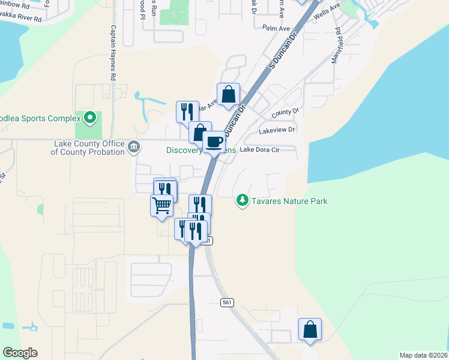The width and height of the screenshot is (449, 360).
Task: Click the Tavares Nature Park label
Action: pos(290,201)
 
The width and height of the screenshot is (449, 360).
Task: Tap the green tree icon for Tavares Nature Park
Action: pos(242,200)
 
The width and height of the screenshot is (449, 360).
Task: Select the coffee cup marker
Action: pos(214,142)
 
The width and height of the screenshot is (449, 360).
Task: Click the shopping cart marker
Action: pos(161,205)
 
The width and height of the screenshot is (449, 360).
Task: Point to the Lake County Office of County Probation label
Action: pos(88,148)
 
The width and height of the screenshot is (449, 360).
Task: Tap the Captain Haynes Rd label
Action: pos(113,53)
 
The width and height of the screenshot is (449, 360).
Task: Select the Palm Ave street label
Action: pos(276,27)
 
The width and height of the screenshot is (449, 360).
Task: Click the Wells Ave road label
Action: pos(327,11)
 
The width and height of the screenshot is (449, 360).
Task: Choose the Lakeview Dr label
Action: pos(277,130)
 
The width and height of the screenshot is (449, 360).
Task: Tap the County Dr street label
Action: pos(285,112)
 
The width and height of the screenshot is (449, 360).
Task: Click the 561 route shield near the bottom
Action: pos(226,302)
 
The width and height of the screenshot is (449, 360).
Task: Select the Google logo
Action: pos(20,353)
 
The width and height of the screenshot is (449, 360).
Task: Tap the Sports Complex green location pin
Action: pos(90,117)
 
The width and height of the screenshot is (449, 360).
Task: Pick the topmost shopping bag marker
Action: pos(228,94)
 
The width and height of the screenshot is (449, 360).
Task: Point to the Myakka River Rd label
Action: pos(21,19)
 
